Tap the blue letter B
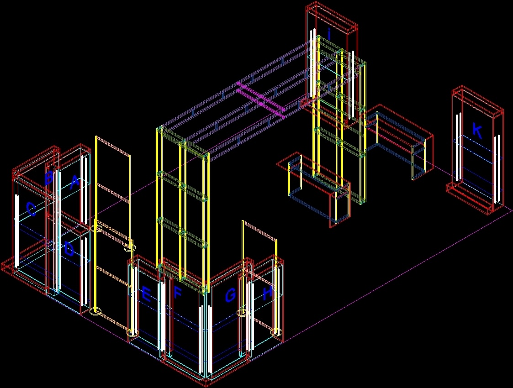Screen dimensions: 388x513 coord(49,177)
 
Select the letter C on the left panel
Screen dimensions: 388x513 coord(31,210)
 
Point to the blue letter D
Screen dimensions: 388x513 coord(69,249)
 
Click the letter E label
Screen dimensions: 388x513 coord(146,295)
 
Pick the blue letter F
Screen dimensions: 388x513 coord(178,294)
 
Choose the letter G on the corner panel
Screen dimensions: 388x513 coord(230,296)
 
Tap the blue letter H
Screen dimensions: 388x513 coord(268,293)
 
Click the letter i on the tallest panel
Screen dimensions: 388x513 coord(329,33)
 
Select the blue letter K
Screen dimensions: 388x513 coord(476,131)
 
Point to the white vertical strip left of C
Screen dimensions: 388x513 coord(16,231)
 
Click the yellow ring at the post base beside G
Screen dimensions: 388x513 coord(242,313)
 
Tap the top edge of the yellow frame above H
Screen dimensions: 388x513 coord(259,230)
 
